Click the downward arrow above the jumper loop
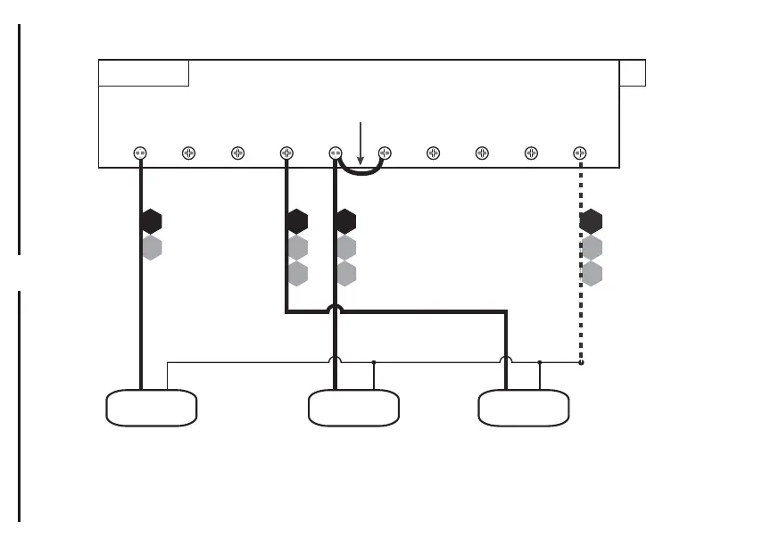pyautogui.click(x=361, y=138)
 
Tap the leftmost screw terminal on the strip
pyautogui.click(x=140, y=153)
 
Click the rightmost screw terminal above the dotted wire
pyautogui.click(x=580, y=153)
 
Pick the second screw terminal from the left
pyautogui.click(x=189, y=153)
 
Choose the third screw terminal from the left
pyautogui.click(x=238, y=153)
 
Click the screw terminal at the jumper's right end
pyautogui.click(x=385, y=153)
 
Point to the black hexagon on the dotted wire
pyautogui.click(x=591, y=220)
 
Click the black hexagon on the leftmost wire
pyautogui.click(x=152, y=220)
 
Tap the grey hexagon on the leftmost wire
pyautogui.click(x=152, y=247)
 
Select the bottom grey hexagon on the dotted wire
pyautogui.click(x=591, y=273)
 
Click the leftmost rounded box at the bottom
pyautogui.click(x=152, y=408)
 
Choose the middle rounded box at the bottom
pyautogui.click(x=353, y=408)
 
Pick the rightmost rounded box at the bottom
pyautogui.click(x=524, y=408)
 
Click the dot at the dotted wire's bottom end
pyautogui.click(x=580, y=362)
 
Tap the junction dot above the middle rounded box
pyautogui.click(x=374, y=362)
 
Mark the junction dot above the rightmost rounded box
pyautogui.click(x=540, y=362)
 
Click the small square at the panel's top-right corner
pyautogui.click(x=632, y=73)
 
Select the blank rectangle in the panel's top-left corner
pyautogui.click(x=144, y=73)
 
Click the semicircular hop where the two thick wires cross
pyautogui.click(x=336, y=309)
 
